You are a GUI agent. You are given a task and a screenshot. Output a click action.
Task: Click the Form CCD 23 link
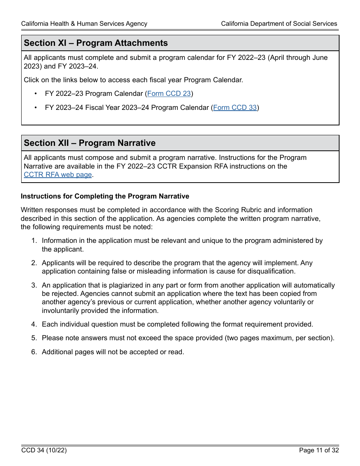[x=169, y=94]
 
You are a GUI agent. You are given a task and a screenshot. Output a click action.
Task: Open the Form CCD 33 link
[x=235, y=108]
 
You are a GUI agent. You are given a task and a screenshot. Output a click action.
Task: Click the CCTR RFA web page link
[x=58, y=175]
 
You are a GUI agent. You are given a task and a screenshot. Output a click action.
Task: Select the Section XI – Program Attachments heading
[x=96, y=43]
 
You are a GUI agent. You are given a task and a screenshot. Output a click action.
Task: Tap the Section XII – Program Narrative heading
[x=90, y=143]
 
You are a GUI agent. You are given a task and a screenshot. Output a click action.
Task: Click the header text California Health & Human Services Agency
[x=84, y=23]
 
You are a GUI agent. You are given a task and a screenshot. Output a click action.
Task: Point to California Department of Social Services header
[x=279, y=23]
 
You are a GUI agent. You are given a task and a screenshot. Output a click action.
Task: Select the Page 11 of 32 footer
[x=319, y=450]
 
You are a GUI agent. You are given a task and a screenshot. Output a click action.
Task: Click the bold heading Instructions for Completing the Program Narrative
[x=105, y=196]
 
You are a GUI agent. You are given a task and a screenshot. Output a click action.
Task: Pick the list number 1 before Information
[x=34, y=241]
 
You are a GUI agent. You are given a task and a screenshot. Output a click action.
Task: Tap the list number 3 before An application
[x=34, y=285]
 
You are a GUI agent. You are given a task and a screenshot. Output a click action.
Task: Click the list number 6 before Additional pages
[x=34, y=352]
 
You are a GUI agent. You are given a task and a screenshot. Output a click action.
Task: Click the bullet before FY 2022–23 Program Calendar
[x=36, y=94]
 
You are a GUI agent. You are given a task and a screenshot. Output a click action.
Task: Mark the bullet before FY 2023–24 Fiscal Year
[x=36, y=108]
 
